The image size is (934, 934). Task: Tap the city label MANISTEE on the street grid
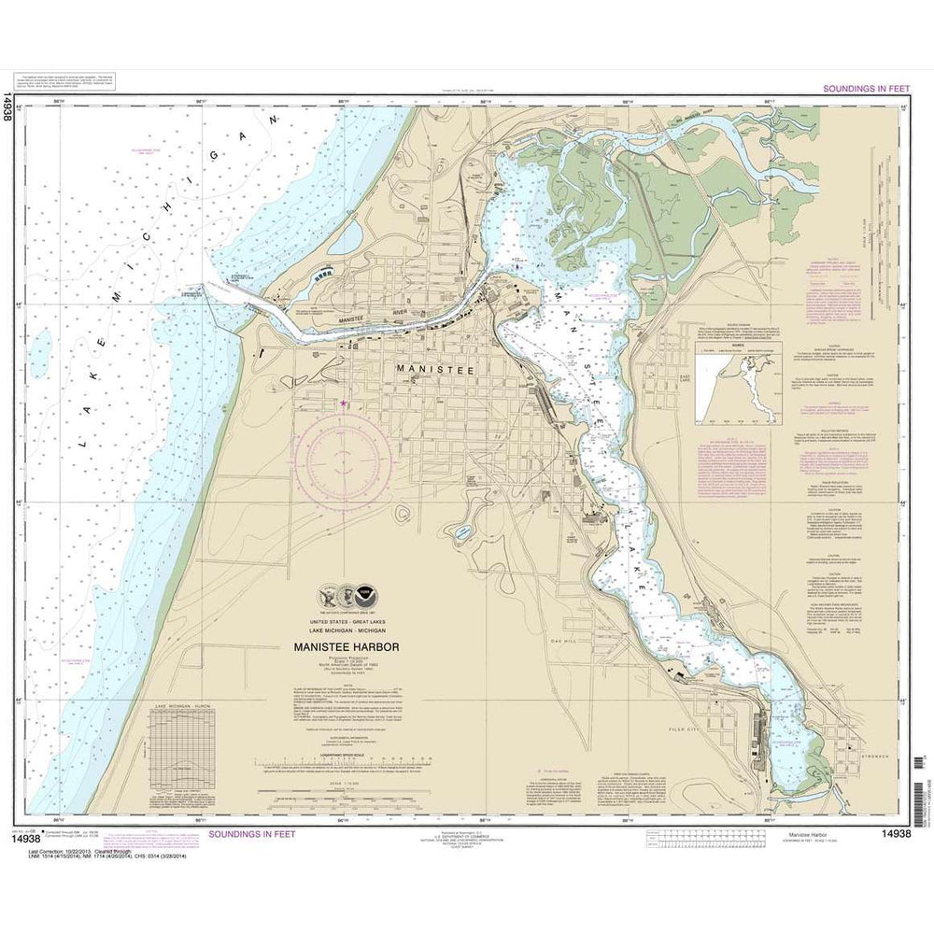436,370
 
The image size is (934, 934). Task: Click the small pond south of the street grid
462,534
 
